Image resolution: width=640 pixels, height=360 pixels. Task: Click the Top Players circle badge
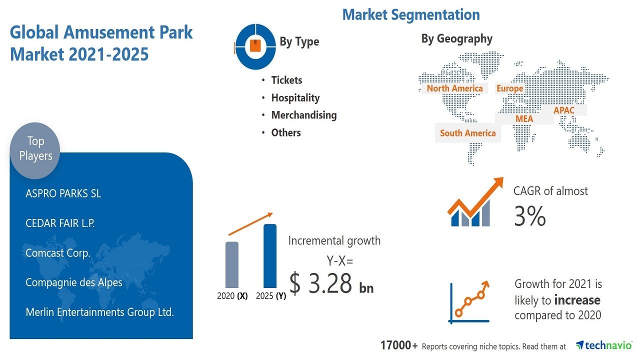pyautogui.click(x=35, y=150)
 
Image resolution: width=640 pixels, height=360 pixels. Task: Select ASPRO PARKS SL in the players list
pyautogui.click(x=63, y=193)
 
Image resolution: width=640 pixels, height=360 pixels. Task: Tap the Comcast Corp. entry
pyautogui.click(x=58, y=253)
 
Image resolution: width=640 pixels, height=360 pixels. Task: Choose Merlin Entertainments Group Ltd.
pyautogui.click(x=100, y=312)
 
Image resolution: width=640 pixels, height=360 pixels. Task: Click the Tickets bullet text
pyautogui.click(x=286, y=80)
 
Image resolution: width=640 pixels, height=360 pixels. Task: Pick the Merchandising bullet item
pyautogui.click(x=304, y=115)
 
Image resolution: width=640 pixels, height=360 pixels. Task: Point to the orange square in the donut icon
pyautogui.click(x=255, y=45)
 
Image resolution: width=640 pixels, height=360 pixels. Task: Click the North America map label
pyautogui.click(x=455, y=88)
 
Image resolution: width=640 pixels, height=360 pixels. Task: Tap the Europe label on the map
pyautogui.click(x=509, y=88)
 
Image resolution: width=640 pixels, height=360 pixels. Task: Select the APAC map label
pyautogui.click(x=563, y=110)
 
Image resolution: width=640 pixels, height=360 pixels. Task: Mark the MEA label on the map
pyautogui.click(x=524, y=119)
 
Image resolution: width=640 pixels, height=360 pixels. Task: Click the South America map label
pyautogui.click(x=467, y=133)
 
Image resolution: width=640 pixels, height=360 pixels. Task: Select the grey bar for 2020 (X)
pyautogui.click(x=231, y=264)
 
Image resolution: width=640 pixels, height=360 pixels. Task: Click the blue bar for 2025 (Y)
pyautogui.click(x=270, y=255)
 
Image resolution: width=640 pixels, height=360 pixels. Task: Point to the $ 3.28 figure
pyautogui.click(x=320, y=283)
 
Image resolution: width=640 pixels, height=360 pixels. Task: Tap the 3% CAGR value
pyautogui.click(x=530, y=216)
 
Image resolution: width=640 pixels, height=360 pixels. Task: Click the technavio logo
pyautogui.click(x=603, y=345)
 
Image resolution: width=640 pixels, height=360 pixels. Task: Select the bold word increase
pyautogui.click(x=577, y=300)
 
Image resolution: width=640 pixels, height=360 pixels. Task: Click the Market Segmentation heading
pyautogui.click(x=411, y=15)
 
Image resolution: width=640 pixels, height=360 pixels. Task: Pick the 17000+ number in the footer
pyautogui.click(x=399, y=345)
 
